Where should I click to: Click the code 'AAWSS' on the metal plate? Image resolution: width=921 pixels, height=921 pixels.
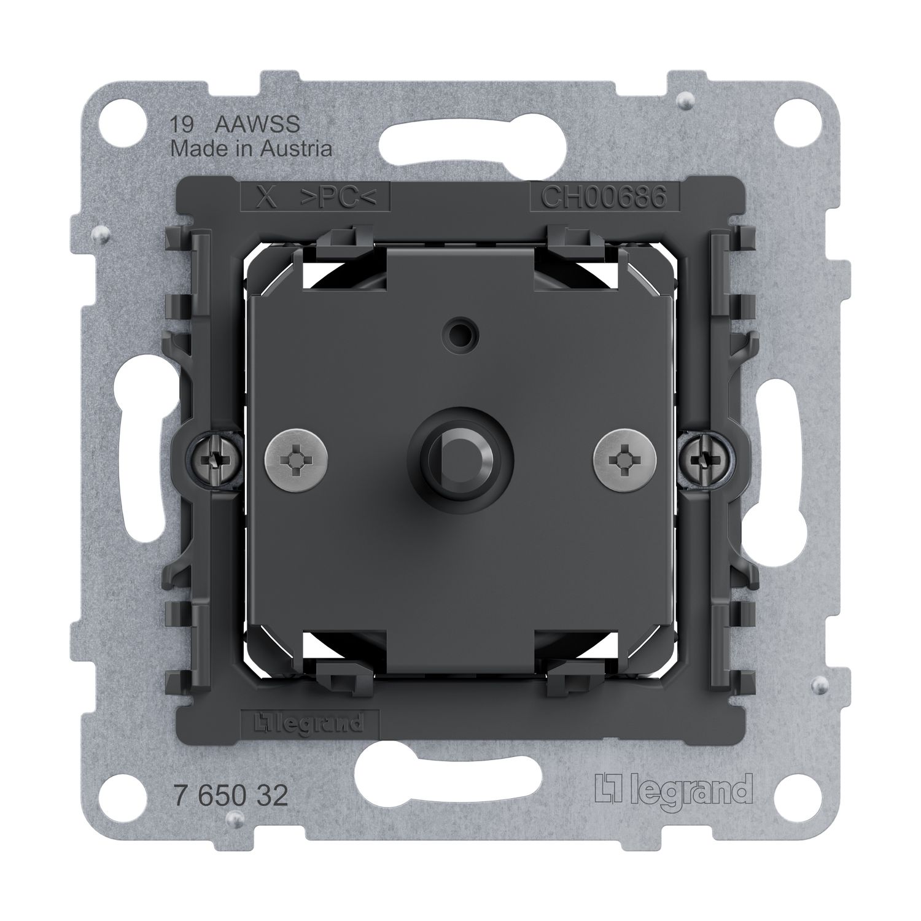[x=258, y=125]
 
